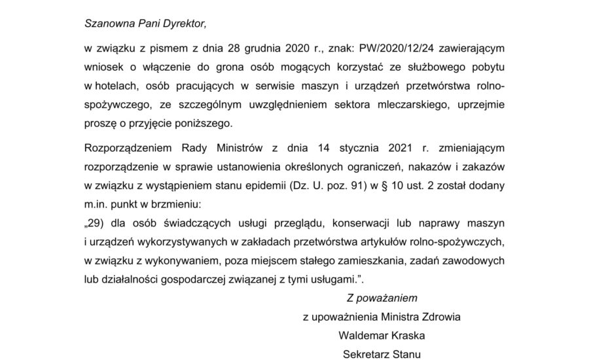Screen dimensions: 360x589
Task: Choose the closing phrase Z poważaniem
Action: coord(382,299)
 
